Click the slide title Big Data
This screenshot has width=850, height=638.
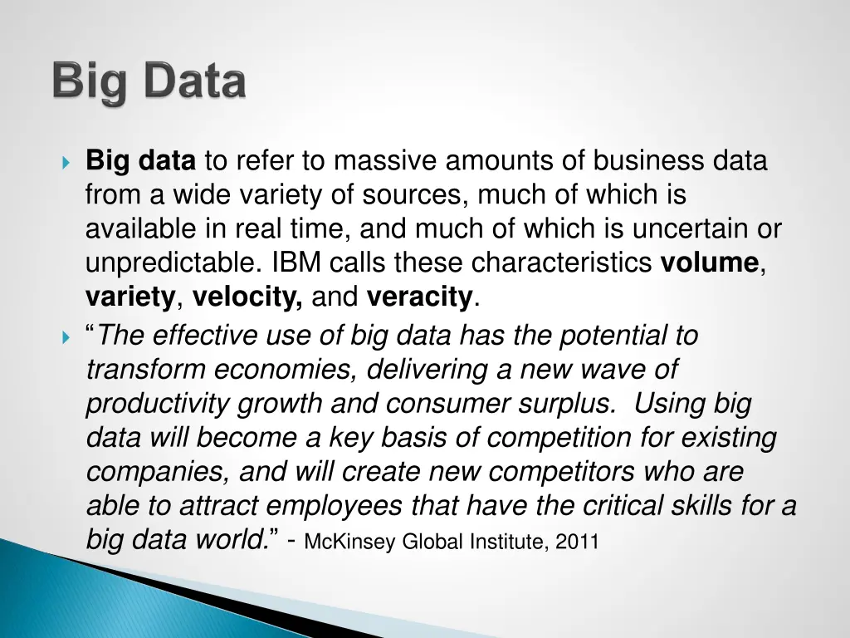click(149, 84)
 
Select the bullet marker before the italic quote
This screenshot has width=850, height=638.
click(67, 336)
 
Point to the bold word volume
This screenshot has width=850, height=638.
click(710, 263)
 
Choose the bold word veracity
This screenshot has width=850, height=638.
click(420, 296)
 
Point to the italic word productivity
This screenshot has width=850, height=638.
click(158, 405)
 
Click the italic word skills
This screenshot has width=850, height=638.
click(705, 505)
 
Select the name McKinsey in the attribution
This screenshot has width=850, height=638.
click(352, 542)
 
